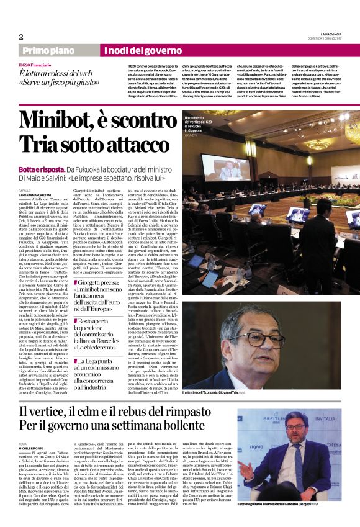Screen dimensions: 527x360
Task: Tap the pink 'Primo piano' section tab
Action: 46,50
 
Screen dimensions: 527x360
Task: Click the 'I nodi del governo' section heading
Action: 142,50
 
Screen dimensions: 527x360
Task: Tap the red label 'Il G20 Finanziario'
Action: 35,65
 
